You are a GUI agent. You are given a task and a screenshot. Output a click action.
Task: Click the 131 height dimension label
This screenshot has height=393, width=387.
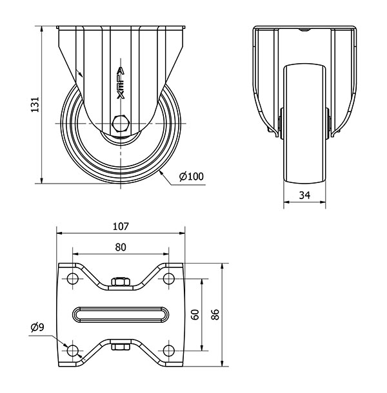point(35,104)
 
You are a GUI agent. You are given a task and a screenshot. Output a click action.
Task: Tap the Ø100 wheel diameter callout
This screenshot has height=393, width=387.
point(191,177)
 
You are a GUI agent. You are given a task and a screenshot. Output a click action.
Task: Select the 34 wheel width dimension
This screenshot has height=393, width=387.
point(304,195)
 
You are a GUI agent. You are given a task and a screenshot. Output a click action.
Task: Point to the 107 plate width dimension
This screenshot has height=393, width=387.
point(121,226)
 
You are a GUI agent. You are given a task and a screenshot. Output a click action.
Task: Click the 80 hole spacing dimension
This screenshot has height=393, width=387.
point(121,247)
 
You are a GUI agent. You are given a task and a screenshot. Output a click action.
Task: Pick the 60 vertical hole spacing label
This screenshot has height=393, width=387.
point(195,314)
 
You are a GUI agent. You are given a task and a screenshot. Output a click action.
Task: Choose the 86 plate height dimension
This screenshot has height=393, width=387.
point(215,314)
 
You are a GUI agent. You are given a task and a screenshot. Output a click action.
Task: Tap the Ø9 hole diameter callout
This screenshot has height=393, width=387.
point(37,327)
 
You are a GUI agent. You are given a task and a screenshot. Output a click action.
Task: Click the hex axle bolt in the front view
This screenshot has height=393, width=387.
point(121,124)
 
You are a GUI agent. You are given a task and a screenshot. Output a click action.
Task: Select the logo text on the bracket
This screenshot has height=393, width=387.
point(121,83)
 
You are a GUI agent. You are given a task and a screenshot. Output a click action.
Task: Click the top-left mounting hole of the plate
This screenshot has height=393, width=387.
point(72,279)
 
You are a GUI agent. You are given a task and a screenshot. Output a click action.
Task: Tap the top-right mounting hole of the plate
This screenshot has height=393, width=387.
point(168,279)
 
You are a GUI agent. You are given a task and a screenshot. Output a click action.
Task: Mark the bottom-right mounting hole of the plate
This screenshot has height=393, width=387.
point(168,350)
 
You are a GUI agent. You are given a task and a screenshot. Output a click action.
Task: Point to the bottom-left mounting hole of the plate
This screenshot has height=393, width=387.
point(72,350)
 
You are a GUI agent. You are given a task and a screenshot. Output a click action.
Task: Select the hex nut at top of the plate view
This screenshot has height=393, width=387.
point(121,282)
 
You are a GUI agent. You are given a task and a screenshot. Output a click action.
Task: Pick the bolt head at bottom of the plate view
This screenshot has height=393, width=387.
point(121,347)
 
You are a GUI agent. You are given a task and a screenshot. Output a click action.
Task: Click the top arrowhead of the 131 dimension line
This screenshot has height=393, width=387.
point(42,29)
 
